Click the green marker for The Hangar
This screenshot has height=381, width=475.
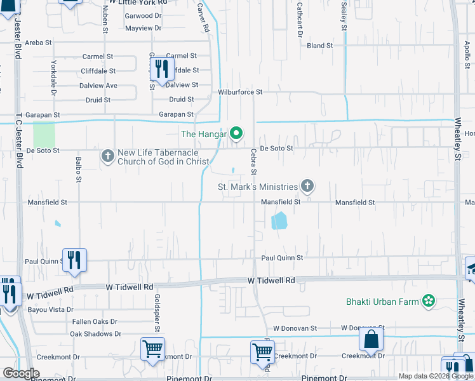[236, 133]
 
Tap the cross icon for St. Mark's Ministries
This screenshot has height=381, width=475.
[307, 186]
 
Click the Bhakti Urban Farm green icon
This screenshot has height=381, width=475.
[429, 300]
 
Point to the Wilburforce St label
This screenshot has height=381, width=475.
[240, 92]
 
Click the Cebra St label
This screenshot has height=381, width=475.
[253, 163]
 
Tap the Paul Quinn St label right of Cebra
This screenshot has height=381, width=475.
[283, 258]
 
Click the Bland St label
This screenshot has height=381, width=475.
[320, 46]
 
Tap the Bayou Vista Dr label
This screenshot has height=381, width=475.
[50, 310]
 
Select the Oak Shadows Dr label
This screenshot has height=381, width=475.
[95, 334]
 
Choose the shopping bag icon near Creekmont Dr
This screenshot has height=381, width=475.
[371, 340]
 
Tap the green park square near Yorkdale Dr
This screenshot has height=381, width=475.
[44, 135]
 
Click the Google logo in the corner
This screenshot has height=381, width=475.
[21, 373]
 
